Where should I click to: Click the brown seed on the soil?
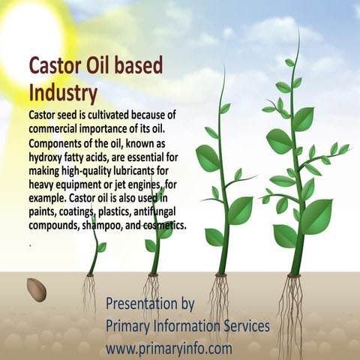click(x=36, y=289)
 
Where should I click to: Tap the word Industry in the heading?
click(x=63, y=93)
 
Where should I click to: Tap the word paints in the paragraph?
click(x=45, y=211)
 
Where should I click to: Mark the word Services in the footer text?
click(x=243, y=327)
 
